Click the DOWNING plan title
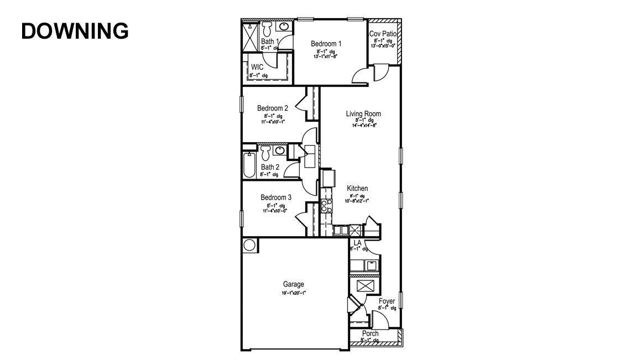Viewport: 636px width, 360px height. click(x=75, y=31)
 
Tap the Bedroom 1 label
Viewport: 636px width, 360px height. click(x=326, y=44)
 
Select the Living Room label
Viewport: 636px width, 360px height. click(x=363, y=114)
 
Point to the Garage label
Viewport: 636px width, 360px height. click(x=293, y=285)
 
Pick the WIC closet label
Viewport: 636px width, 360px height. click(x=257, y=67)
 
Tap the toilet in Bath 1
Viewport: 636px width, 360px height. click(x=267, y=28)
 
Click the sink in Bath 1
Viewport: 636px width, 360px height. click(x=284, y=27)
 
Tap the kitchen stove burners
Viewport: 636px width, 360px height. click(x=326, y=206)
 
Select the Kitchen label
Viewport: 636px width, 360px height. click(x=357, y=189)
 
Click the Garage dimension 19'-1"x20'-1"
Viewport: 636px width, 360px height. click(x=293, y=293)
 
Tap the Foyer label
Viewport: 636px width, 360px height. click(x=387, y=301)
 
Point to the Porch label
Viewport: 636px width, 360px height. click(x=370, y=333)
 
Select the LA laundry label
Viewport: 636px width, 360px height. click(x=357, y=243)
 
